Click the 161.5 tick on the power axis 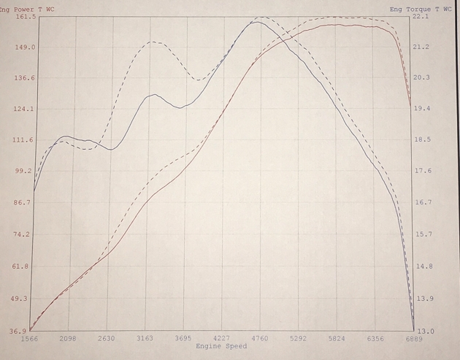26,16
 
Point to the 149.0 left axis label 26,47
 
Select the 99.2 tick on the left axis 24,171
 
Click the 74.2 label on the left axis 24,234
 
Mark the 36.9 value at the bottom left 18,331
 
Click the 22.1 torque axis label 421,15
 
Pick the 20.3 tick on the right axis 421,77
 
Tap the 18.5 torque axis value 421,139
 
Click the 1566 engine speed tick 30,339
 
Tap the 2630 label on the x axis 107,339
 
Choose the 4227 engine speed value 221,339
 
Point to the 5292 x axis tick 298,339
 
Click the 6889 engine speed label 413,339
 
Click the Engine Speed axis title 221,346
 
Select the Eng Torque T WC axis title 420,9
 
